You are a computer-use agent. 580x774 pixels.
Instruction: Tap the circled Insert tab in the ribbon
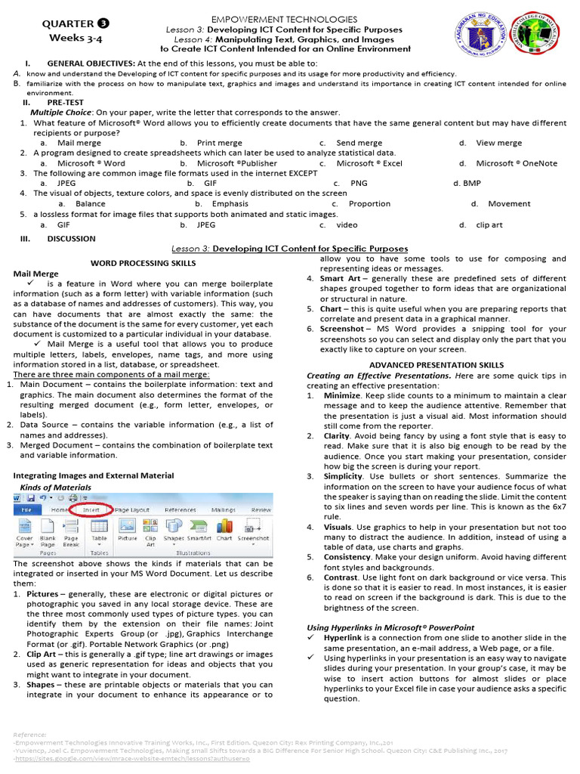[x=92, y=510]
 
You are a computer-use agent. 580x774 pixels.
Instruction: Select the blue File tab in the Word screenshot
[x=26, y=510]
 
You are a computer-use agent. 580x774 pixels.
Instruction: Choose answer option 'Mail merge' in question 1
[x=79, y=143]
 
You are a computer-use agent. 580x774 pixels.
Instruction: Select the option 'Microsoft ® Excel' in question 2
[x=369, y=163]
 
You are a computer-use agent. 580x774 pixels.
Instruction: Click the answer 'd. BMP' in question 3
[x=467, y=183]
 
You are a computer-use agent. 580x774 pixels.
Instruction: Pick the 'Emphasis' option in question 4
[x=230, y=204]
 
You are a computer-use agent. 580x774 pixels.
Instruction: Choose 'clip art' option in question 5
[x=489, y=224]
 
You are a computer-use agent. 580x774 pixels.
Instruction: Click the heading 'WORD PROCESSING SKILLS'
[x=143, y=263]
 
